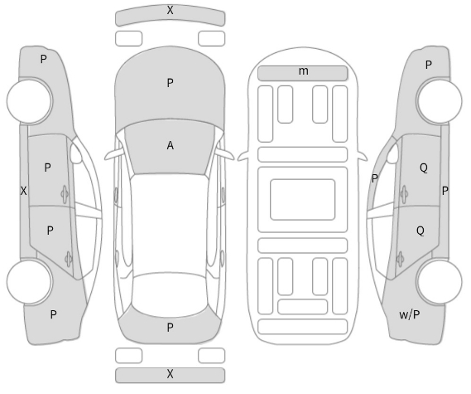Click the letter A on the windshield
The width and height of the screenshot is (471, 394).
(x=170, y=146)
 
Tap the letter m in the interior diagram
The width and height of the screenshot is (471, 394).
(x=304, y=71)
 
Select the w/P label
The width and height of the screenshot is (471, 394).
(x=410, y=315)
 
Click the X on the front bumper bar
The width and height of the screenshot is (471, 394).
(x=170, y=11)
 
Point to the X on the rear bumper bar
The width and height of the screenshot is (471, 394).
(x=170, y=374)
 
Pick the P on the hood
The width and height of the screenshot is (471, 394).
(x=170, y=83)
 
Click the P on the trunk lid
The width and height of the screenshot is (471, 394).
(x=170, y=328)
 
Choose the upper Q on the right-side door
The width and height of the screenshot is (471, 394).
(x=424, y=168)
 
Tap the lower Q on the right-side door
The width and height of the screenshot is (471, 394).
(x=421, y=231)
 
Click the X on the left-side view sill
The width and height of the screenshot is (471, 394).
(x=23, y=191)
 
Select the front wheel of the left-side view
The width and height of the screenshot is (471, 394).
(x=30, y=101)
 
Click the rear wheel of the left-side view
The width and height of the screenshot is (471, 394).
(x=29, y=282)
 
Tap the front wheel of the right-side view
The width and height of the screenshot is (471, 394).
(x=440, y=101)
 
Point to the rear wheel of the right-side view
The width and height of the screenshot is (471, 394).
(x=440, y=282)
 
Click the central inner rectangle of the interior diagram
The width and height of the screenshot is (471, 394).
(x=302, y=200)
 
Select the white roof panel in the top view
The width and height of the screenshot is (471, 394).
(x=170, y=224)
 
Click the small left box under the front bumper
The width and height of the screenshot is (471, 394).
(x=128, y=38)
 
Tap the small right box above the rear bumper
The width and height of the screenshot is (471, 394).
(x=211, y=356)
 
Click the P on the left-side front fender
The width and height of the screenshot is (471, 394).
(x=44, y=59)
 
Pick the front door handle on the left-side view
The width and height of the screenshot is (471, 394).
(x=65, y=193)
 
